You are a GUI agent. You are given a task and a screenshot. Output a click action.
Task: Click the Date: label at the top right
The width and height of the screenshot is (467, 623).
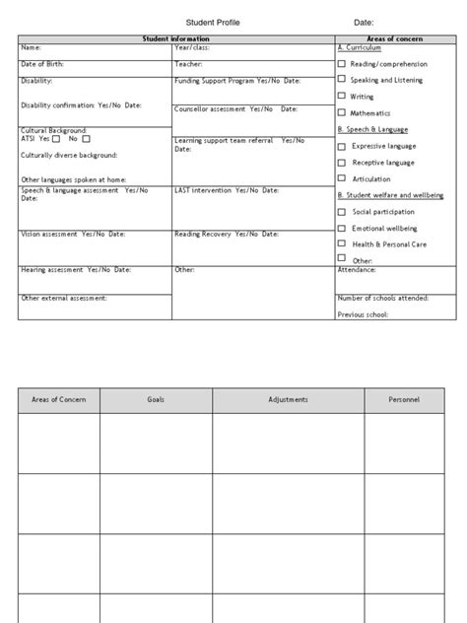point(365,23)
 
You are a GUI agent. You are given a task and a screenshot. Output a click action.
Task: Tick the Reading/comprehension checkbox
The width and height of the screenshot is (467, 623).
point(342,63)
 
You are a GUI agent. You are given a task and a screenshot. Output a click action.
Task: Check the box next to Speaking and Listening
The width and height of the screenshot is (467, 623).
point(342,80)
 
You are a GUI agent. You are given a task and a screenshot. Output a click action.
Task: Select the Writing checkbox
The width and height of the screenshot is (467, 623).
point(342,97)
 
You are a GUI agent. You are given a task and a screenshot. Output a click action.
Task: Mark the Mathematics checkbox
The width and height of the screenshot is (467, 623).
point(342,113)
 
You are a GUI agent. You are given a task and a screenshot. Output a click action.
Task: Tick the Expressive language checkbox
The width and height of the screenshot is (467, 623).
point(342,146)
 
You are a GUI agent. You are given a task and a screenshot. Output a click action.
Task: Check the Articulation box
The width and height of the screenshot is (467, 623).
point(342,178)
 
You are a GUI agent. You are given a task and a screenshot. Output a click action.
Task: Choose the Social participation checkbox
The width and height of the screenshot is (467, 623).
point(342,211)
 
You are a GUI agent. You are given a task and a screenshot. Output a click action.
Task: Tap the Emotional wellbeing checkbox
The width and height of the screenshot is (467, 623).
point(342,227)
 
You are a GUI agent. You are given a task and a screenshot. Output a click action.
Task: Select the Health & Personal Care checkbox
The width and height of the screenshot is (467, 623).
point(342,242)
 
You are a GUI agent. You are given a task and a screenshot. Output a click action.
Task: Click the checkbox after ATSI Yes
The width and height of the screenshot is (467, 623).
point(58,139)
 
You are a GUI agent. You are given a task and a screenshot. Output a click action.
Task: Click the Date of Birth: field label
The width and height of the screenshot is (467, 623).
point(40,64)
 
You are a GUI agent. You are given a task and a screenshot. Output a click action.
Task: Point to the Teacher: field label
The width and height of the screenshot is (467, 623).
point(188,64)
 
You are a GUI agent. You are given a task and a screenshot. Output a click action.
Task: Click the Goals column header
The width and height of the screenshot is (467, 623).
point(156,399)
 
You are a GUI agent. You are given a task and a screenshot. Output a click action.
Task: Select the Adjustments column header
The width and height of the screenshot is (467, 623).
point(288,399)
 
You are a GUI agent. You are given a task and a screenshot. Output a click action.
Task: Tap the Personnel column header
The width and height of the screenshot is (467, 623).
point(403,399)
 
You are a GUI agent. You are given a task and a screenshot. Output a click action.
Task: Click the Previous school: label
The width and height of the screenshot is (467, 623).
point(363,314)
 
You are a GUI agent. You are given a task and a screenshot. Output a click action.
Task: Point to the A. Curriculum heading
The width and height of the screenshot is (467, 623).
point(359,47)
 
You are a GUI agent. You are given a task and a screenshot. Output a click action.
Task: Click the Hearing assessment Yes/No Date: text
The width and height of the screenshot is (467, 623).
point(75,269)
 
